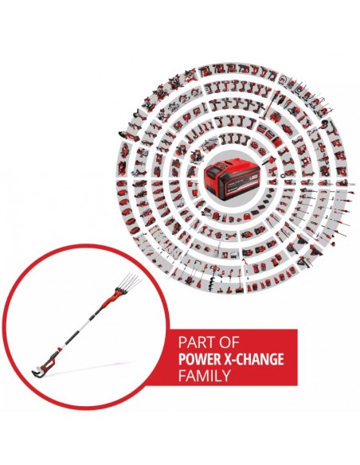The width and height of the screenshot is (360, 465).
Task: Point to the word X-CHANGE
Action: pos(252,359)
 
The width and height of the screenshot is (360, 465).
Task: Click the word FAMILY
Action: pos(205,376)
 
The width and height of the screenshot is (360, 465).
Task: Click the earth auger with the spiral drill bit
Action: pos(213,271)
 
